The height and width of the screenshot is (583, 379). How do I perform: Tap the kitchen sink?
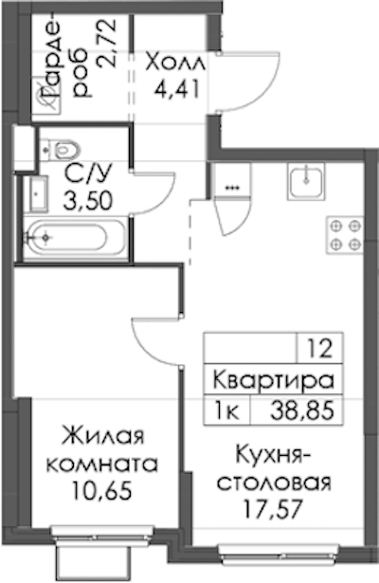306,181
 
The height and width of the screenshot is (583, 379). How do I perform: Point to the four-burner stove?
345,235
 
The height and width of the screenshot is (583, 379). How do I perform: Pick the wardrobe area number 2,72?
107,44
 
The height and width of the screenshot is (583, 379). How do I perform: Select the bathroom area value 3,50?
88,202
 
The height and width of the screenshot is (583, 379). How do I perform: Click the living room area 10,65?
101,491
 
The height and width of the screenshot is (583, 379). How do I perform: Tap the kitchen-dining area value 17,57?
271,509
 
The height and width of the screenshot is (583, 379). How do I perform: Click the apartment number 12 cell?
319,349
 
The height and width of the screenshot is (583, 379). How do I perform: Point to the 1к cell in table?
227,410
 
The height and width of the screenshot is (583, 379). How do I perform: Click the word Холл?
175,63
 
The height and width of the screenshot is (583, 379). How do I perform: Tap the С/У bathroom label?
88,174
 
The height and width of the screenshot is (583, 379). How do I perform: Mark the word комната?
101,464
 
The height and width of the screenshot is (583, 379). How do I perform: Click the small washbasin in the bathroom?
36,193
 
